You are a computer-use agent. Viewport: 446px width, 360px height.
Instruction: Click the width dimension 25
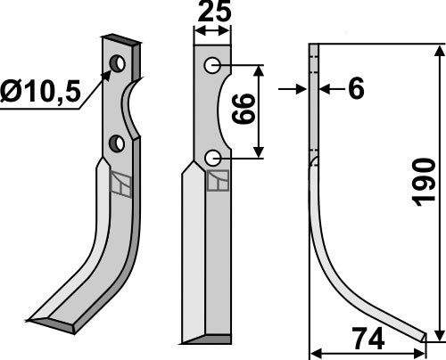point(211,12)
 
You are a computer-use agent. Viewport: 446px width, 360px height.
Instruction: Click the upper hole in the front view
point(211,67)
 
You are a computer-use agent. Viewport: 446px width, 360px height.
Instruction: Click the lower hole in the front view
point(211,157)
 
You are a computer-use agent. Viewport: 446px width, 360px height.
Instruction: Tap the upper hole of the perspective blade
point(117,63)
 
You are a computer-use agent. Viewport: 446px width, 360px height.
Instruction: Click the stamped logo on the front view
point(217,180)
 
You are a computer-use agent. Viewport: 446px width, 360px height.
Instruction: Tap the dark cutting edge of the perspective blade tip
point(59,326)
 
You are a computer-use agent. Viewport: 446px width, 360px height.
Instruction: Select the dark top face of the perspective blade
point(120,40)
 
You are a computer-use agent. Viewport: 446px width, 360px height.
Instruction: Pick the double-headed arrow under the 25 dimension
point(211,30)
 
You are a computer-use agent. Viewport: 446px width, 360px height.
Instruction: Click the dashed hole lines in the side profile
point(314,62)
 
